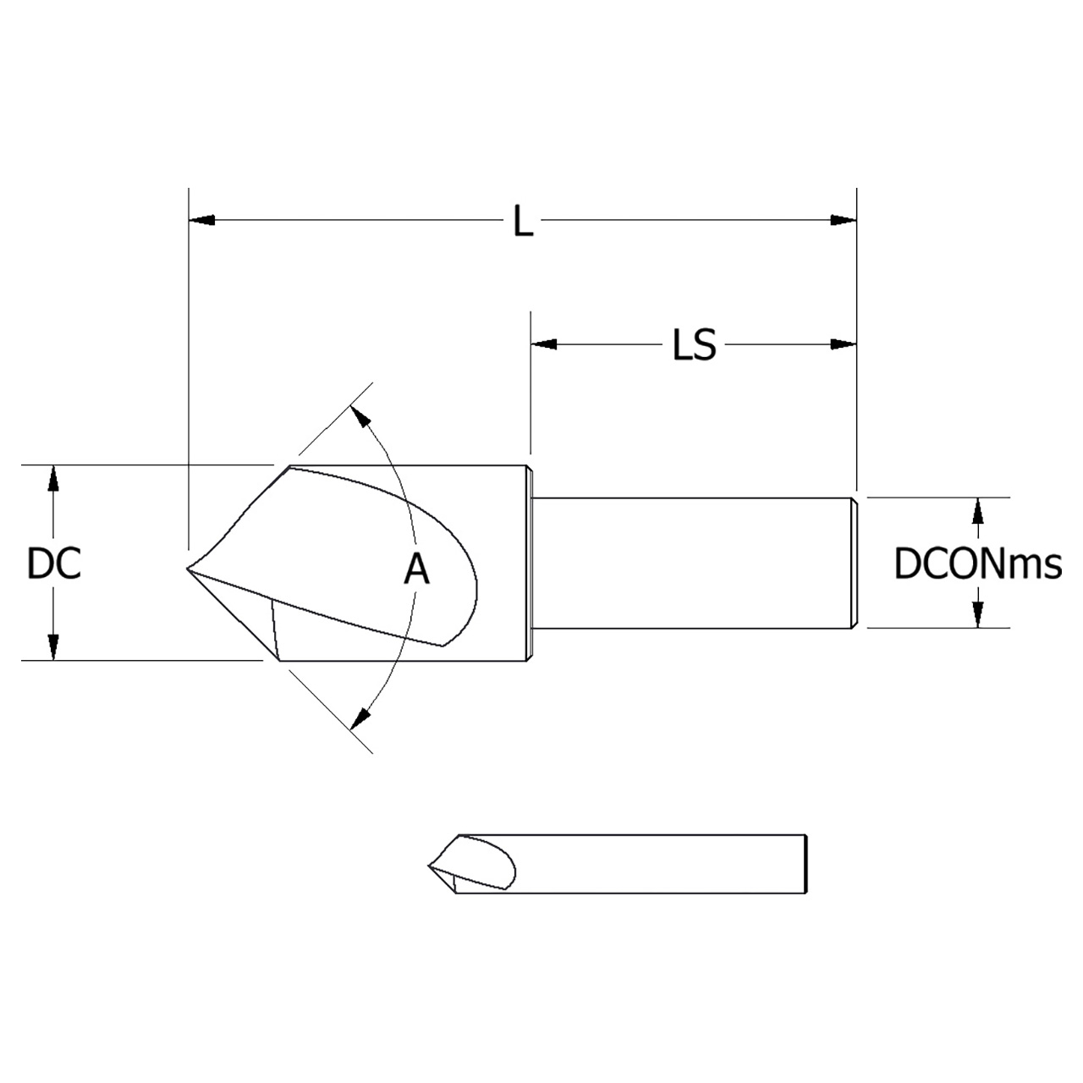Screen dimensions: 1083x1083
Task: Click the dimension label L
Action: coord(524,223)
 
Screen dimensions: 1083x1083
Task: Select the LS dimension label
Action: coord(694,345)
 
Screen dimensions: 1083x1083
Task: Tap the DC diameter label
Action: coord(54,564)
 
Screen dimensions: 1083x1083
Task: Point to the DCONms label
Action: coord(977,564)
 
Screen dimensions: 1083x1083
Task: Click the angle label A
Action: coord(416,569)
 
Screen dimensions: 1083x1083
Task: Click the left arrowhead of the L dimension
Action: coord(201,221)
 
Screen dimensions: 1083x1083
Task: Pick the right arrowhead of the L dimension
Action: coord(844,221)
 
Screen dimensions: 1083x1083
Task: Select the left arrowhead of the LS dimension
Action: coord(544,344)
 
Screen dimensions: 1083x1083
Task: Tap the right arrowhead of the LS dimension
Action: coord(844,344)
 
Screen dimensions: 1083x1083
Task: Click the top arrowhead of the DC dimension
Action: coord(53,477)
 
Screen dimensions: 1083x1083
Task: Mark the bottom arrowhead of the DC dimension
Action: coord(53,647)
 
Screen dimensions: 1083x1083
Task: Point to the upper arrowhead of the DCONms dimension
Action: coord(978,510)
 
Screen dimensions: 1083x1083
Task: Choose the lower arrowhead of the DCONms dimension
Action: coord(978,615)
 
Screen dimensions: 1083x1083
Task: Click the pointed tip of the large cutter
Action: coord(188,569)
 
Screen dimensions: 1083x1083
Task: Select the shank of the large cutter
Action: coord(694,563)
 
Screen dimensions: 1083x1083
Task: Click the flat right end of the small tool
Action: coord(805,864)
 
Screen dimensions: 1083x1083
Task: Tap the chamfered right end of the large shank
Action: coord(855,563)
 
